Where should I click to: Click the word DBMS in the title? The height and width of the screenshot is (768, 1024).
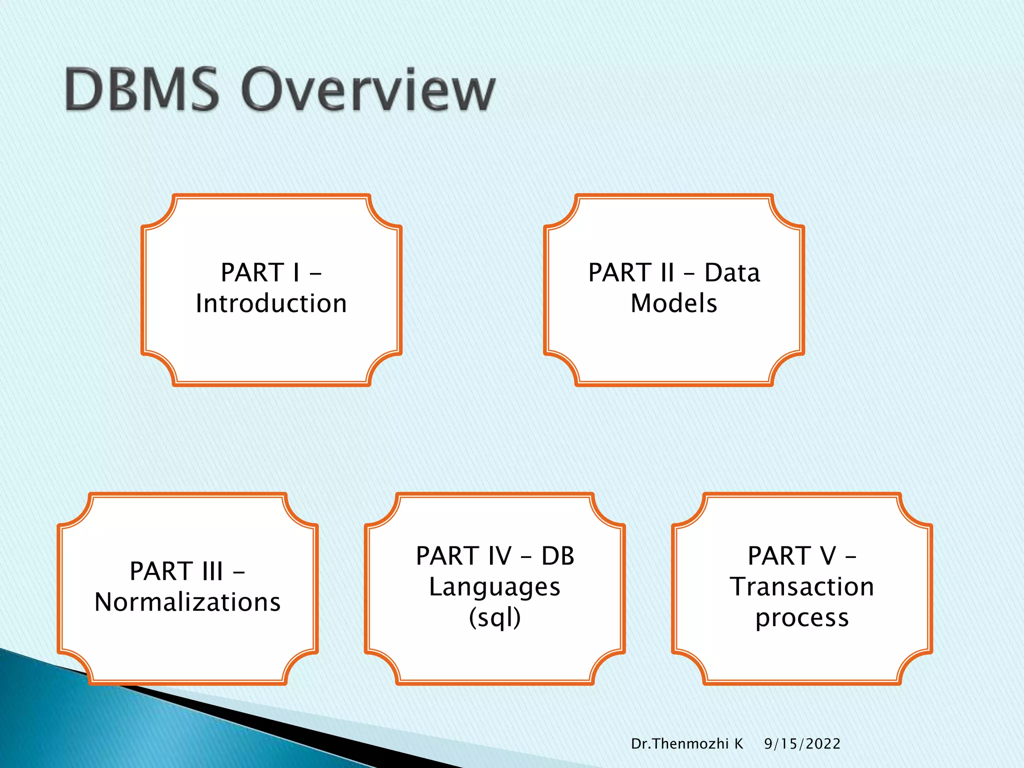click(142, 90)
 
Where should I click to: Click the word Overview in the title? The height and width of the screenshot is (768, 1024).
click(368, 90)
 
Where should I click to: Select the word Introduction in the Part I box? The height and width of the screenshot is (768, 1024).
click(271, 303)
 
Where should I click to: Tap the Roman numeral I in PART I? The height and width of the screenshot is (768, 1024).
click(296, 273)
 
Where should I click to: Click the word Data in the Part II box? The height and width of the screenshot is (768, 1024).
click(732, 273)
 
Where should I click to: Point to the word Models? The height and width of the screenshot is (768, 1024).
click(673, 303)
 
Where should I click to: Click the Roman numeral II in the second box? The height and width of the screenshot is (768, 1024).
click(667, 273)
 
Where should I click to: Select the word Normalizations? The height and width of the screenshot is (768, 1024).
click(187, 602)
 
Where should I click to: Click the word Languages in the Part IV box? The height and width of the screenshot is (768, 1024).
click(494, 587)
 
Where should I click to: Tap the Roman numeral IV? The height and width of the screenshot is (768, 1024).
click(499, 556)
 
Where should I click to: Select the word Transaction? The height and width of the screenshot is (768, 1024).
click(802, 586)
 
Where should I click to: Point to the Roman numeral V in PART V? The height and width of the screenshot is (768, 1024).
click(827, 556)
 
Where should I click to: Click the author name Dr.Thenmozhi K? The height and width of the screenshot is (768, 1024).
click(687, 744)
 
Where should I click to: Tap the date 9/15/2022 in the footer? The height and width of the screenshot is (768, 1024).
click(802, 744)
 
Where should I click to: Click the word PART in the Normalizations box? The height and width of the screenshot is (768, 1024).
click(161, 571)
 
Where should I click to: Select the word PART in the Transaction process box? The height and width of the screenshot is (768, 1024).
click(779, 556)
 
